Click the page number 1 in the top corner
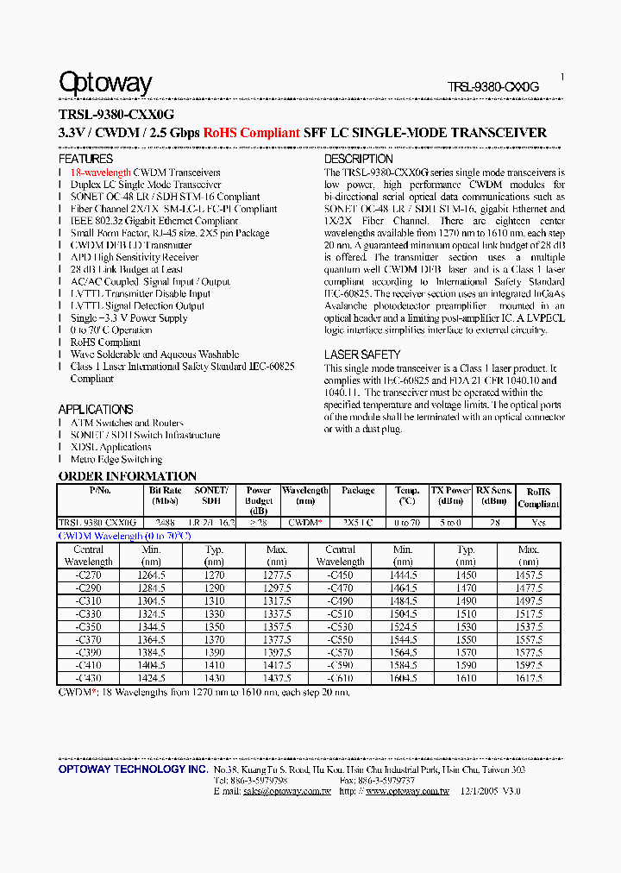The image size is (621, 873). [562, 77]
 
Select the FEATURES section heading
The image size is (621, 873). [85, 159]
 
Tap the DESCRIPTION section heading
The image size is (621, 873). [358, 159]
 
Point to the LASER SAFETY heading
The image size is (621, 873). [362, 355]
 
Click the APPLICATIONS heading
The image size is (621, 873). [95, 409]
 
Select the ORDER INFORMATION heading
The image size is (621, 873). [127, 476]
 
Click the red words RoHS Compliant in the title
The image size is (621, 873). [252, 133]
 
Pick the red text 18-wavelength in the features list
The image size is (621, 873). [101, 173]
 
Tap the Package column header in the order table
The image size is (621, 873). [358, 491]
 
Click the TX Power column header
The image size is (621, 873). [450, 495]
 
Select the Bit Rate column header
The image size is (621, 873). [165, 495]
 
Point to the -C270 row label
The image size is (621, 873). [88, 575]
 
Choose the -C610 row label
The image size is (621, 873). [340, 679]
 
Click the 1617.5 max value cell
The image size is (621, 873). [528, 679]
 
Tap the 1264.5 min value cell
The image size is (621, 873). [151, 575]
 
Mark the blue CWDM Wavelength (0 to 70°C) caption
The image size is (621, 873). [124, 536]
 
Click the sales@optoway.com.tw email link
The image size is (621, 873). [286, 791]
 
